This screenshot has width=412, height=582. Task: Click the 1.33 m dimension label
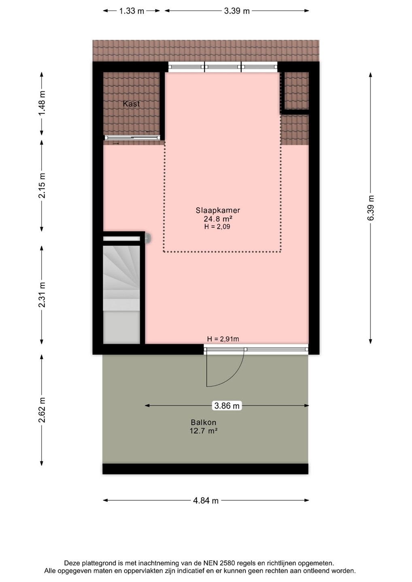pyautogui.click(x=132, y=11)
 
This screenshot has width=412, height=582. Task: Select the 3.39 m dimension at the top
pyautogui.click(x=237, y=11)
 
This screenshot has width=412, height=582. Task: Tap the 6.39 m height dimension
pyautogui.click(x=370, y=208)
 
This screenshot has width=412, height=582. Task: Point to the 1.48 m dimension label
pyautogui.click(x=42, y=103)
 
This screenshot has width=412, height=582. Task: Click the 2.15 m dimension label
pyautogui.click(x=42, y=186)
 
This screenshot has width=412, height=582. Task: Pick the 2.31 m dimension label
pyautogui.click(x=42, y=295)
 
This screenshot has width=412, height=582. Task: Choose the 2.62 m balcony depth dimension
pyautogui.click(x=42, y=410)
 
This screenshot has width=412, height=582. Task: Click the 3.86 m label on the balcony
pyautogui.click(x=227, y=406)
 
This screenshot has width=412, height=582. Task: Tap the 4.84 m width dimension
pyautogui.click(x=206, y=500)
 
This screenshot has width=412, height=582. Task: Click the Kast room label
pyautogui.click(x=132, y=104)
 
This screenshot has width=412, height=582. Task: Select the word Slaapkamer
pyautogui.click(x=218, y=210)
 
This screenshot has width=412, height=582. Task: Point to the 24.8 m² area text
pyautogui.click(x=218, y=219)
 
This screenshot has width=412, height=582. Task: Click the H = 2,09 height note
pyautogui.click(x=217, y=227)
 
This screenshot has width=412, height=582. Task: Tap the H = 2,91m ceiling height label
pyautogui.click(x=223, y=339)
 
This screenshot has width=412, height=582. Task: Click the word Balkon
pyautogui.click(x=204, y=422)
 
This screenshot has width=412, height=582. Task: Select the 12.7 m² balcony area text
pyautogui.click(x=204, y=431)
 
